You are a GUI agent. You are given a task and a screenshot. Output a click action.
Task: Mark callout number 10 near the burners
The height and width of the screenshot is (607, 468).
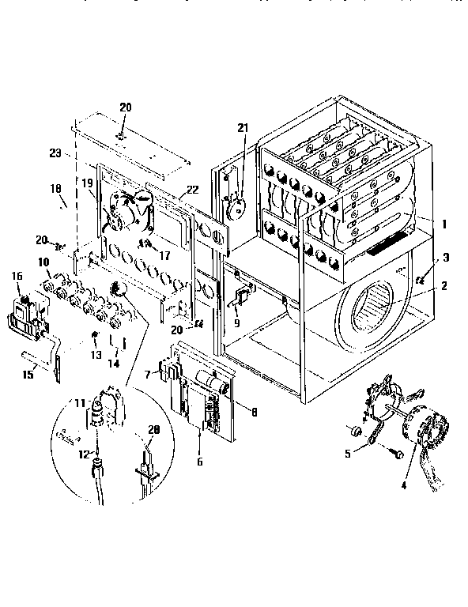click(44, 262)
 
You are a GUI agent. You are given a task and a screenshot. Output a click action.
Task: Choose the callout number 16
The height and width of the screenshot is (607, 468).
click(17, 275)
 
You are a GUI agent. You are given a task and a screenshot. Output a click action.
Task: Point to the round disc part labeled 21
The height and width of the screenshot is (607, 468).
click(235, 208)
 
